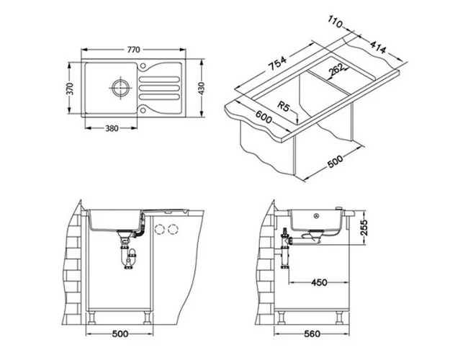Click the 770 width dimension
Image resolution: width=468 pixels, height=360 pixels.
point(133,50)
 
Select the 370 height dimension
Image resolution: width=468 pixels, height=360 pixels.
point(70,89)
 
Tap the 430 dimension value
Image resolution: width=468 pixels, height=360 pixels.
point(202,89)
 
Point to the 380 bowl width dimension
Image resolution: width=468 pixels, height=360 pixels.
point(112,128)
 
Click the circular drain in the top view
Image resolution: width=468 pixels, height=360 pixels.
point(121,87)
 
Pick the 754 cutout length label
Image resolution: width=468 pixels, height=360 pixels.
point(277,63)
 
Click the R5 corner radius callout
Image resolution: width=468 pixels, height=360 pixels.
point(284,106)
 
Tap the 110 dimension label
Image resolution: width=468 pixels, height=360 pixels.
point(336,22)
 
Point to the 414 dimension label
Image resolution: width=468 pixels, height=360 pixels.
point(378,48)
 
